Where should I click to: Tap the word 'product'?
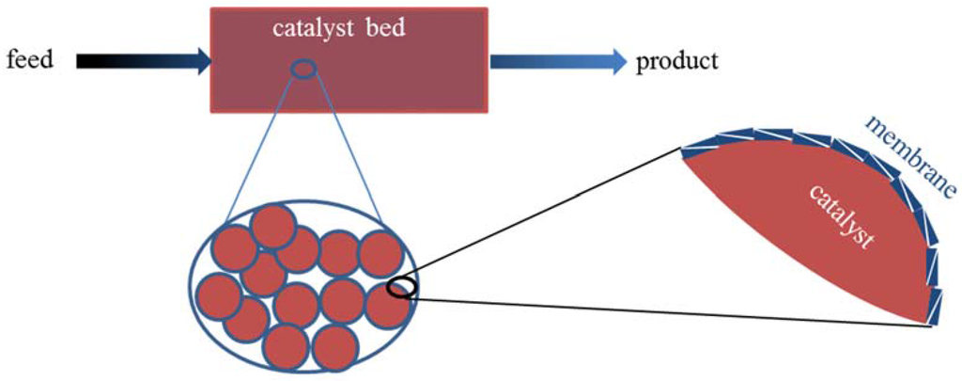pos(676,62)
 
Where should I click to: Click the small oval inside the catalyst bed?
pos(303,69)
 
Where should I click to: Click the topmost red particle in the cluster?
pos(273,227)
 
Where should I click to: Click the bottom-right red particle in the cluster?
pos(335,347)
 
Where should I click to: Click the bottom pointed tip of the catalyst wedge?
pos(930,322)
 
